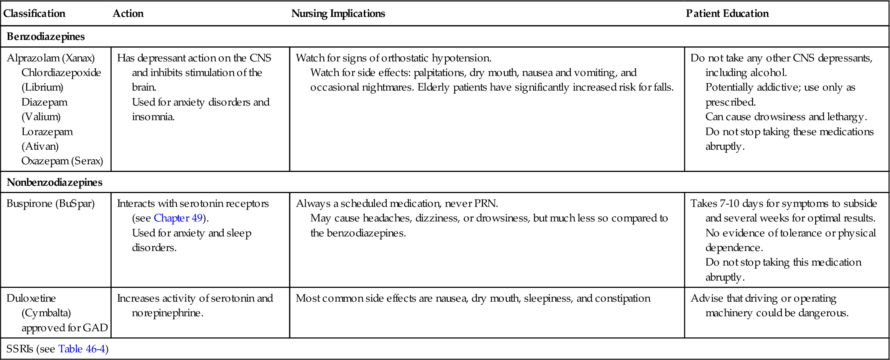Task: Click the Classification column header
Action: click(x=34, y=13)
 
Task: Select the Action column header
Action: click(x=128, y=13)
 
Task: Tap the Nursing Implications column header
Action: click(x=338, y=13)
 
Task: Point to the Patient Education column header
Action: click(x=727, y=13)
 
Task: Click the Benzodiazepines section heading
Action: click(x=46, y=36)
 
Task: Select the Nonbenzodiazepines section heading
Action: click(x=54, y=182)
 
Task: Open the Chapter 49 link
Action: click(x=178, y=218)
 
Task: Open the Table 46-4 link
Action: click(x=82, y=349)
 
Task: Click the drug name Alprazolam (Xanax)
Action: click(x=51, y=58)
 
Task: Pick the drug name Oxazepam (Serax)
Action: click(x=62, y=161)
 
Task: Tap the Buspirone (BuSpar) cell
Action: click(x=51, y=203)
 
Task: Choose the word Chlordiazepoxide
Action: click(x=61, y=73)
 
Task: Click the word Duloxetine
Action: click(x=31, y=298)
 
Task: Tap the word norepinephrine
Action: click(x=167, y=313)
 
